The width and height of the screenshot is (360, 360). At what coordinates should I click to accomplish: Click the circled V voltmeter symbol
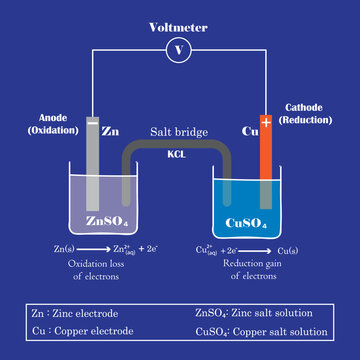[179, 48]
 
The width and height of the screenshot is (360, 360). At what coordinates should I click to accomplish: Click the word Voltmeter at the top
[179, 26]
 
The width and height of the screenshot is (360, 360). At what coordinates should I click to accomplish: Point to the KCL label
[177, 155]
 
